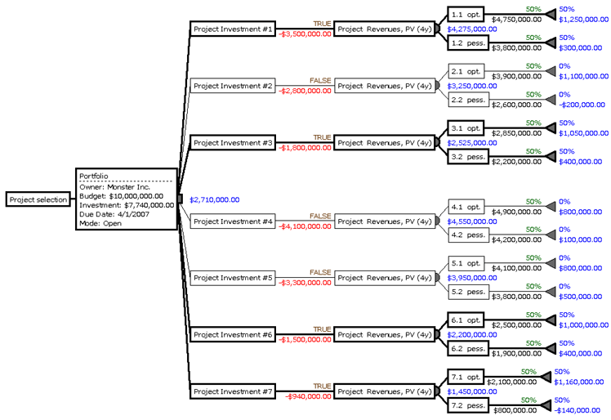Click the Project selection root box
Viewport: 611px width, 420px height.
(x=37, y=199)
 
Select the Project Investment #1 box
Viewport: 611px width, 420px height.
(x=233, y=29)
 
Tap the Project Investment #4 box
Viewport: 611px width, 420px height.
(x=233, y=221)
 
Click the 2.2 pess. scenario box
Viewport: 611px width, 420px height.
(x=469, y=100)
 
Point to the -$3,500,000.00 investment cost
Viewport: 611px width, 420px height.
(x=305, y=34)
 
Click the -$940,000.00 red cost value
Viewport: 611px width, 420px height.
(x=309, y=396)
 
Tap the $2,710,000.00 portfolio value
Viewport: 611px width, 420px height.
(x=214, y=199)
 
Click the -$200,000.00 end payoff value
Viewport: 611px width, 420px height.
(x=582, y=105)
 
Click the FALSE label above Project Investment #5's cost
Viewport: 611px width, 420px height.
(x=320, y=272)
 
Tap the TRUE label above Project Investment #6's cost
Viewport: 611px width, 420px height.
(x=322, y=329)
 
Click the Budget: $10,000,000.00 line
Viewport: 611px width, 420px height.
(x=119, y=197)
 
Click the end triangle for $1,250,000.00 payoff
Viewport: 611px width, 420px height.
(x=552, y=15)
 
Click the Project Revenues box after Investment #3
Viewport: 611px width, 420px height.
(x=384, y=142)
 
